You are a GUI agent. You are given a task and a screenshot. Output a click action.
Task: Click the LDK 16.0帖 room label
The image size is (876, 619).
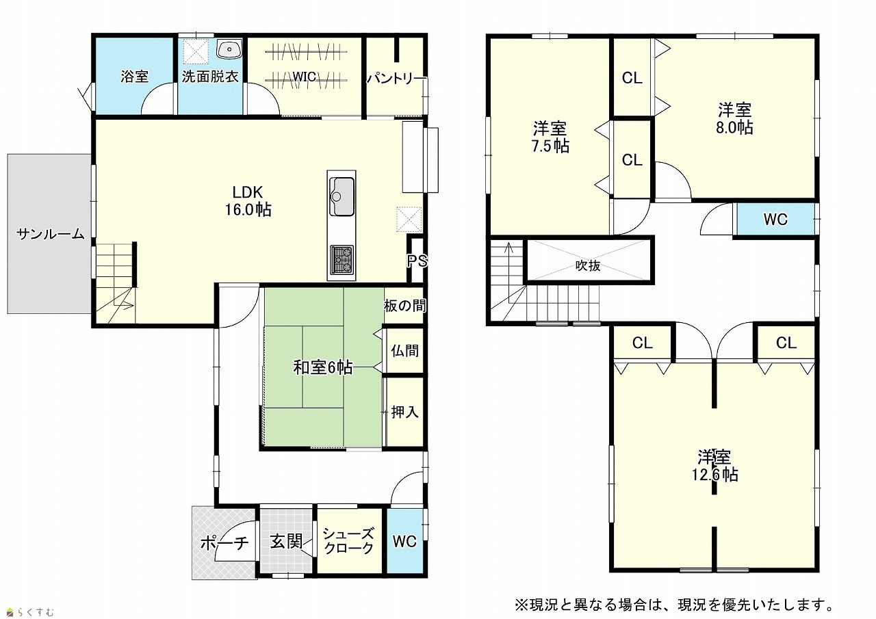click(248, 201)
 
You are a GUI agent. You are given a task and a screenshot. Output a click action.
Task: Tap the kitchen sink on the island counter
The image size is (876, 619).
click(342, 196)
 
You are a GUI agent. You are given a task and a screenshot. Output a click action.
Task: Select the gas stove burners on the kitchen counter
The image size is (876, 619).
click(342, 259)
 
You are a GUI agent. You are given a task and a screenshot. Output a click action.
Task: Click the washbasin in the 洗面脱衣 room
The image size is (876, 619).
click(229, 49)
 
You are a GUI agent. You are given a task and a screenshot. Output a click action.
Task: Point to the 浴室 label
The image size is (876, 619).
click(135, 76)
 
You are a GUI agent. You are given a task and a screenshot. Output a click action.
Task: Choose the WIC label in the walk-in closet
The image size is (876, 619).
click(305, 77)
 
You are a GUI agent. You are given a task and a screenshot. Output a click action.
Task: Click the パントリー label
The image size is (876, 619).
click(396, 79)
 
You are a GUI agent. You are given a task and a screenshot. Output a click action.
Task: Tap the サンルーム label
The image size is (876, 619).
click(51, 234)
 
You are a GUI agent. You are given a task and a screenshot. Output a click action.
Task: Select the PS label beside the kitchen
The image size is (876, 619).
click(417, 261)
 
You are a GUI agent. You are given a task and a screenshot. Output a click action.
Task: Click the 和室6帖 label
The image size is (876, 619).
click(323, 367)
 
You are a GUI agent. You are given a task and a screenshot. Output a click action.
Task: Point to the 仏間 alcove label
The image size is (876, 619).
click(405, 350)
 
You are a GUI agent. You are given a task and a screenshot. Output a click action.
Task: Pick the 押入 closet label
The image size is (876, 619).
click(405, 412)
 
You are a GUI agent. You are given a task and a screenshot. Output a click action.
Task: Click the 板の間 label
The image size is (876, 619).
click(404, 306)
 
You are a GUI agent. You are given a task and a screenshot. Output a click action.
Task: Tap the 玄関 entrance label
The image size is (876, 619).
click(286, 542)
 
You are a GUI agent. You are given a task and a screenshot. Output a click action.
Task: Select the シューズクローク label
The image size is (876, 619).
click(349, 541)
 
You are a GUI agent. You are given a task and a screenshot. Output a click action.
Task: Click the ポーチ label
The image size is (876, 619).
click(224, 542)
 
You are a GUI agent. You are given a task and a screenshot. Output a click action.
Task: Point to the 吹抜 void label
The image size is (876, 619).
click(588, 266)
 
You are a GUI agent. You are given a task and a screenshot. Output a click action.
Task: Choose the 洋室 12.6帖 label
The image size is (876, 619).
click(715, 465)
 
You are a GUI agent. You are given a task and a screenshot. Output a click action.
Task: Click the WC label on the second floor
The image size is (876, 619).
click(775, 220)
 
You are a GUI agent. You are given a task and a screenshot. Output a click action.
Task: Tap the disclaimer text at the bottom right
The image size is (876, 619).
click(675, 605)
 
